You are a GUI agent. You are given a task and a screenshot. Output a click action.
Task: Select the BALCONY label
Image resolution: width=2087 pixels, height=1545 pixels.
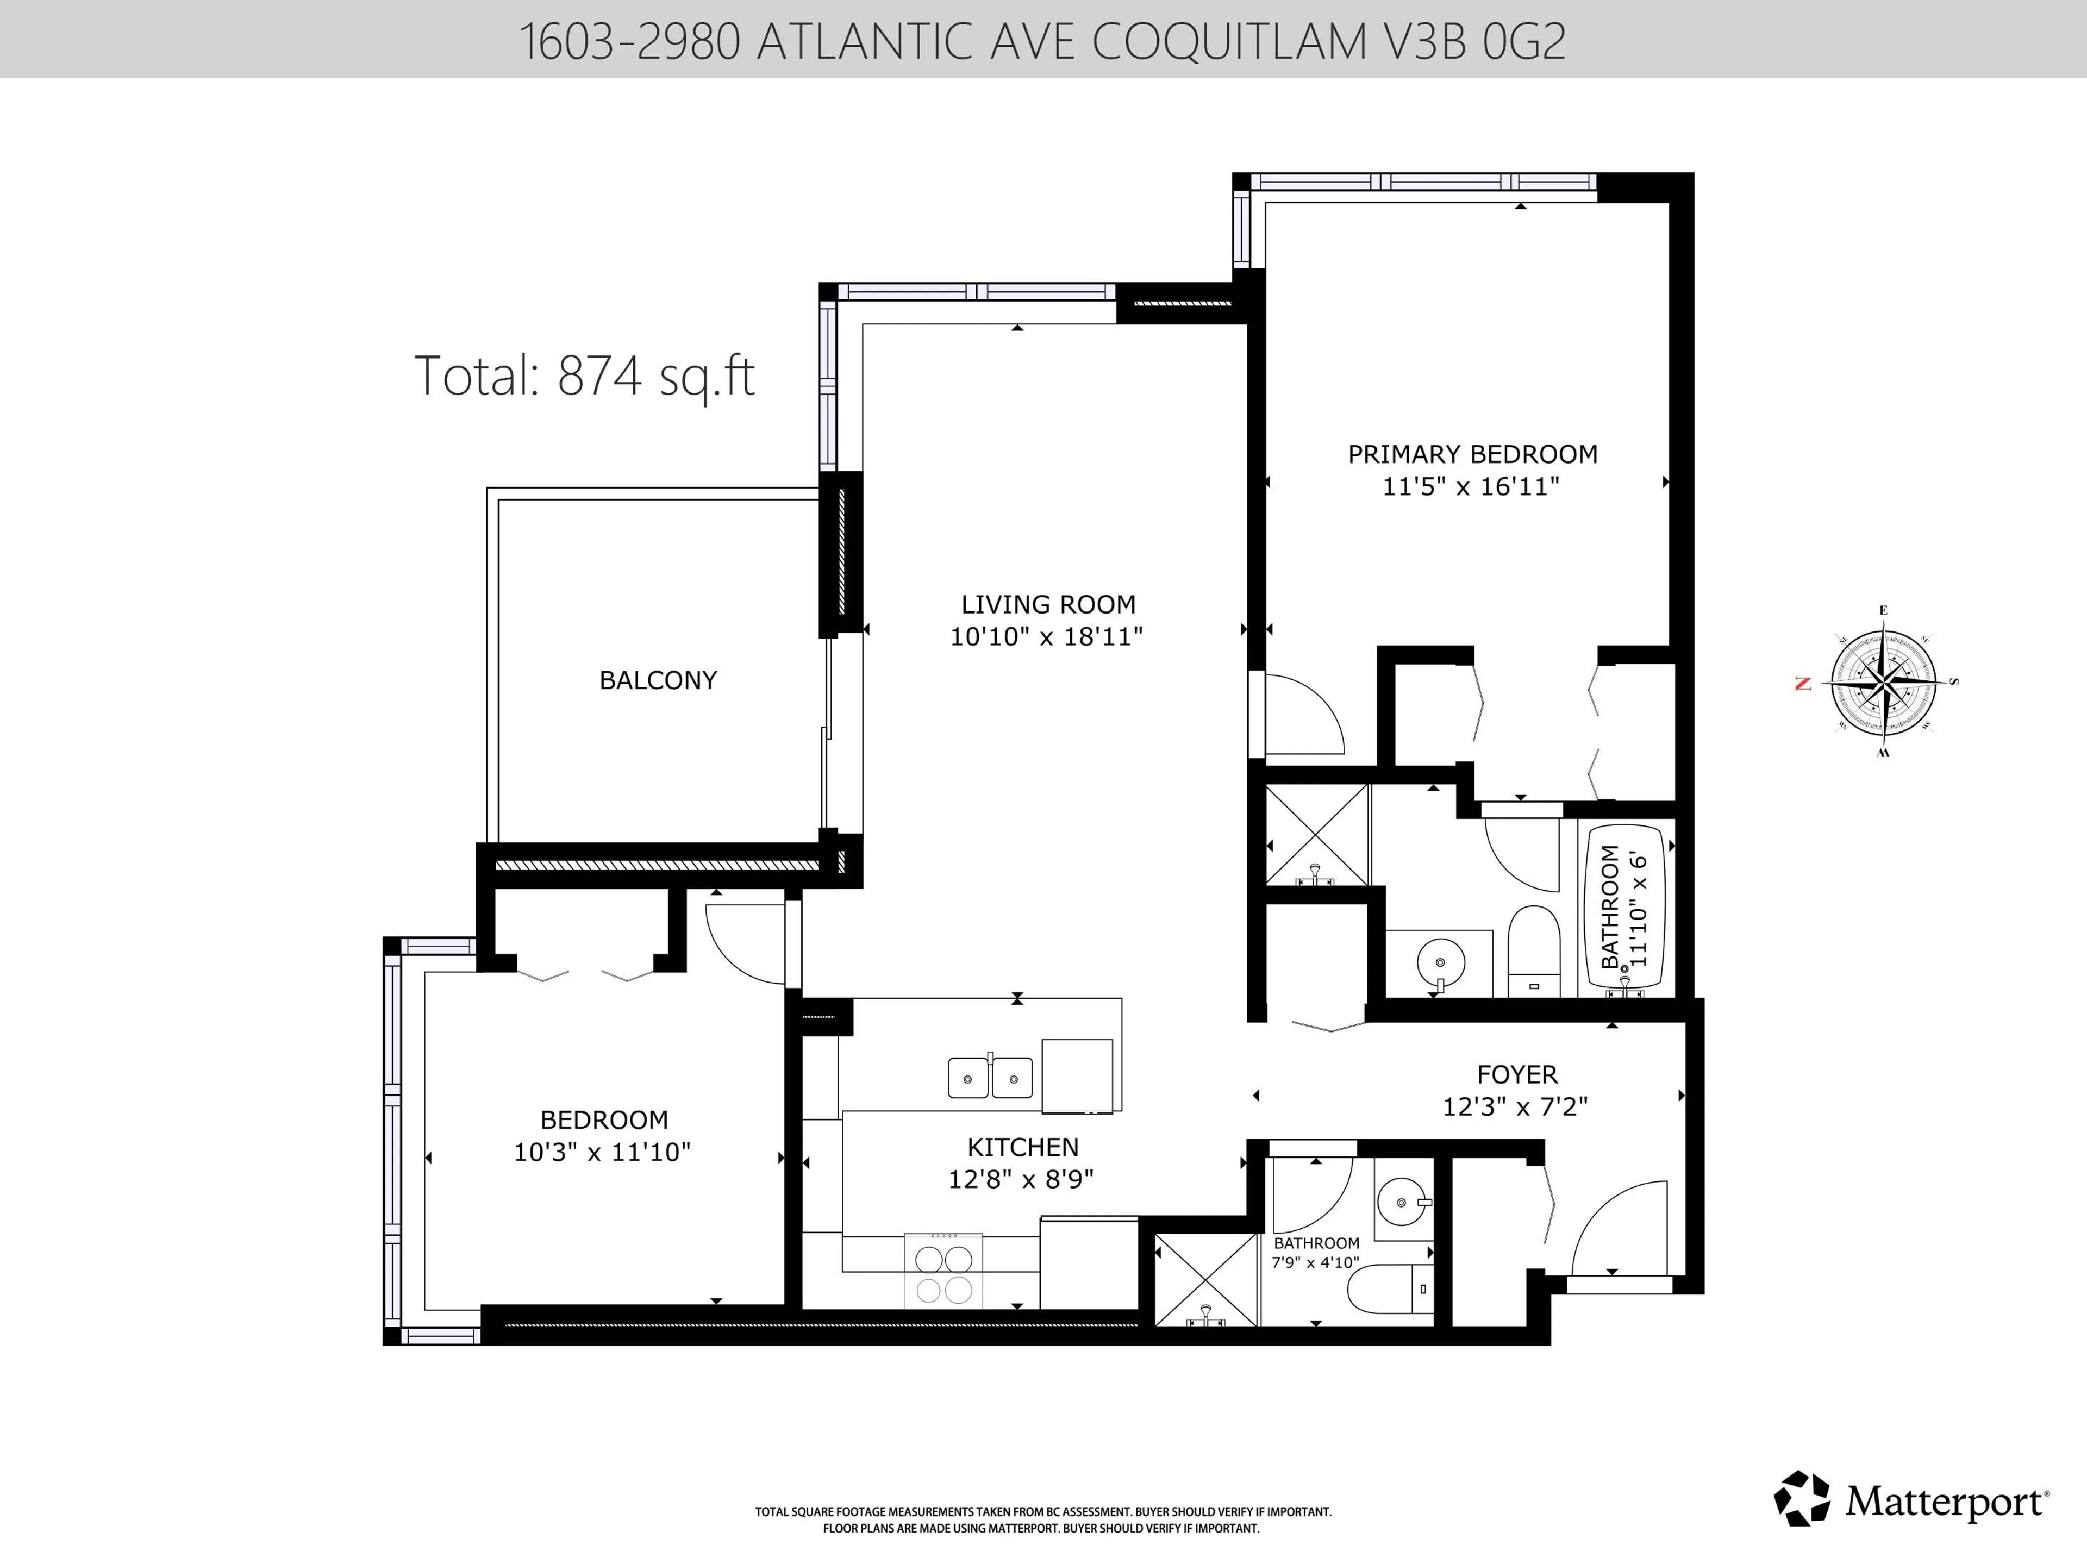click(657, 680)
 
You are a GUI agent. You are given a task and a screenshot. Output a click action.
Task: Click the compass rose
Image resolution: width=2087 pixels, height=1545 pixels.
click(1883, 682)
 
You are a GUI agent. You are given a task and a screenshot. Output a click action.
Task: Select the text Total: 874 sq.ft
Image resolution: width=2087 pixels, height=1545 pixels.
click(584, 376)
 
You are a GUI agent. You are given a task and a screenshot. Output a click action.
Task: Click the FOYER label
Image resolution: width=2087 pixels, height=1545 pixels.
click(1517, 1074)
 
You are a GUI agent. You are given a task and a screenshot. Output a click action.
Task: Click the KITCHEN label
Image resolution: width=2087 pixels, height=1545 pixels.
click(1022, 1147)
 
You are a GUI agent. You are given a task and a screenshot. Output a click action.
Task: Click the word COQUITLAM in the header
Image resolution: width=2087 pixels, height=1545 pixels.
click(1229, 42)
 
